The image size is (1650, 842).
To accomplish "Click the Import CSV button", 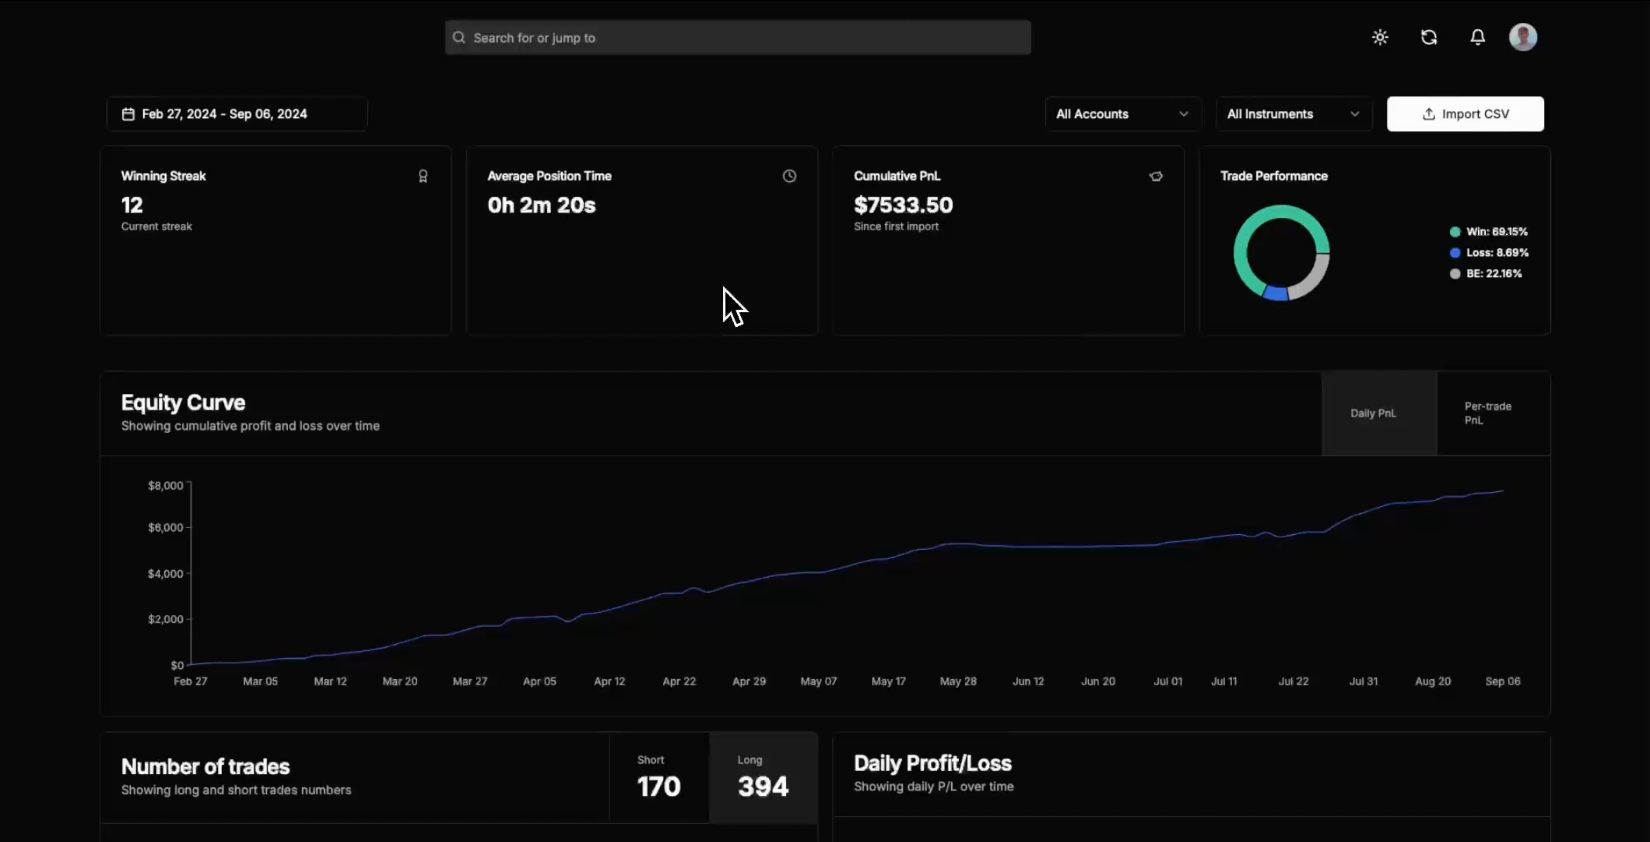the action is pyautogui.click(x=1465, y=114).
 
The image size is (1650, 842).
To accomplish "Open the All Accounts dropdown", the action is pyautogui.click(x=1123, y=114).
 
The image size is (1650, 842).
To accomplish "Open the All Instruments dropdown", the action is pyautogui.click(x=1294, y=114).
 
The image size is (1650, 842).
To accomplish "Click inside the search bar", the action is pyautogui.click(x=738, y=38).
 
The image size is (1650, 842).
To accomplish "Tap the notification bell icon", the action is pyautogui.click(x=1477, y=37).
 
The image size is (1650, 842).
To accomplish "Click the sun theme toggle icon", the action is pyautogui.click(x=1380, y=37).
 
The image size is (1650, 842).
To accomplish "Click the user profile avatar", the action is pyautogui.click(x=1522, y=37).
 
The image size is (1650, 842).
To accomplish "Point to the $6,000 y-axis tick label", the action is pyautogui.click(x=165, y=528).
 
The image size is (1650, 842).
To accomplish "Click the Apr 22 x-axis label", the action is pyautogui.click(x=679, y=681).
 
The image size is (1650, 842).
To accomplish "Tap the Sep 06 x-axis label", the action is pyautogui.click(x=1503, y=681).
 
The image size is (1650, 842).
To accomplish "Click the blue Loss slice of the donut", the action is pyautogui.click(x=1276, y=294).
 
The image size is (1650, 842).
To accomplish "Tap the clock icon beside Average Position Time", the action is pyautogui.click(x=789, y=176).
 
